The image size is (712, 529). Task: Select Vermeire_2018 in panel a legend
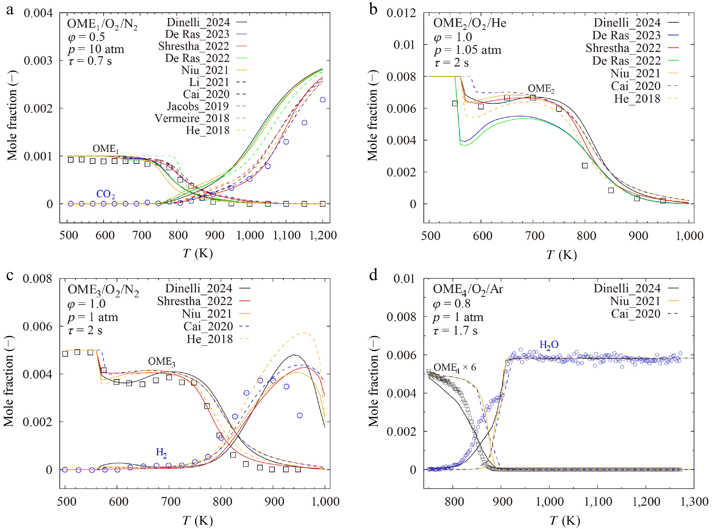point(192,118)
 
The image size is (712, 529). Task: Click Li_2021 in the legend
point(209,82)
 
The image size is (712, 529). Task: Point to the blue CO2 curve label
point(106,194)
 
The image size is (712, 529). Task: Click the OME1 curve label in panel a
point(106,149)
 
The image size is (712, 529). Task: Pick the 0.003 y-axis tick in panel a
point(38,60)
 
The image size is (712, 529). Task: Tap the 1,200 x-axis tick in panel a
point(322,236)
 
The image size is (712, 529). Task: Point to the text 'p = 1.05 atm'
point(468,50)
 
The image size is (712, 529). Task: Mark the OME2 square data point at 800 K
point(585,166)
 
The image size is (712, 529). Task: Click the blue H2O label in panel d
point(549,345)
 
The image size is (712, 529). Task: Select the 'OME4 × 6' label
point(454,367)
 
